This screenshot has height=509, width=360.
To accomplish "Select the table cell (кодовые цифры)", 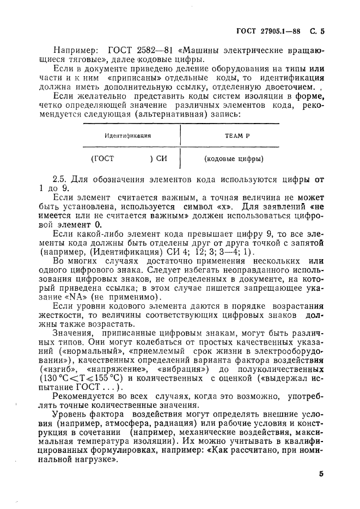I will click(x=234, y=160).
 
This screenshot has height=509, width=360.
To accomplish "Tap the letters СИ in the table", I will click(x=162, y=160).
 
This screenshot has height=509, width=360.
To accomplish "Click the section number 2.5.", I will click(x=60, y=179).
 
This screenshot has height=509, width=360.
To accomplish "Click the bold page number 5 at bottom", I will click(x=321, y=474).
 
